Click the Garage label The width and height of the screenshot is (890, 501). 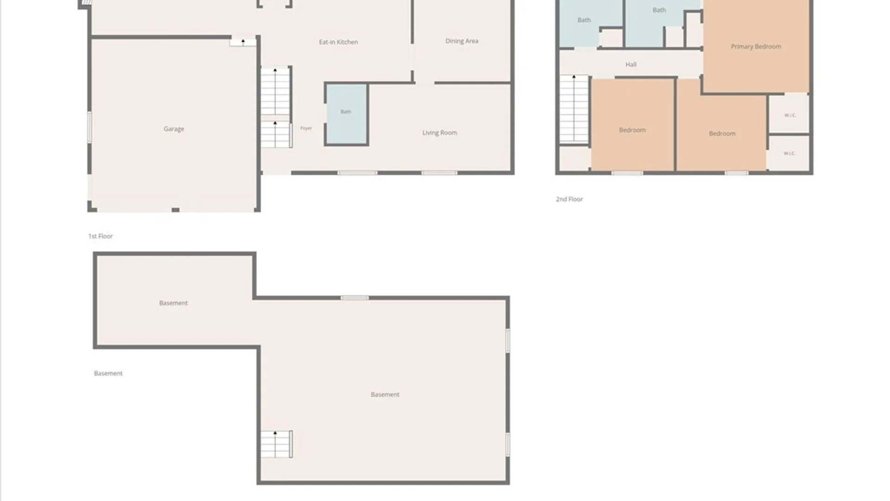click(174, 129)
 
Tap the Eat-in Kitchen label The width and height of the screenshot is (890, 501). click(338, 42)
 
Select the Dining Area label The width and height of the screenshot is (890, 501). click(462, 41)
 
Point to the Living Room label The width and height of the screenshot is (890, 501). click(439, 133)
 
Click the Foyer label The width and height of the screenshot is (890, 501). click(306, 128)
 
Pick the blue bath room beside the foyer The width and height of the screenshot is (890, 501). click(346, 114)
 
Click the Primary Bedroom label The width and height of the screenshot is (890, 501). click(756, 46)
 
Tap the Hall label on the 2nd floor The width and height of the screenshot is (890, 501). click(631, 64)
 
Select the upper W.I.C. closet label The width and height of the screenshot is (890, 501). click(790, 115)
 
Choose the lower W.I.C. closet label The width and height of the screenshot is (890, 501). click(789, 153)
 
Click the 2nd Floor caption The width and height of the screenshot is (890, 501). click(569, 199)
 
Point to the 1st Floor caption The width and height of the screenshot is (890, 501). click(101, 236)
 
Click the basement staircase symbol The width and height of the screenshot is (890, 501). click(276, 444)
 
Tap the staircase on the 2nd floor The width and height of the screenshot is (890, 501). click(574, 109)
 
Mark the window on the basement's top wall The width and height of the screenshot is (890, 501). click(355, 298)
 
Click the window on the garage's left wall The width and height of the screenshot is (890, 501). click(89, 127)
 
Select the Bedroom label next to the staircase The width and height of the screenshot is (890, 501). click(632, 130)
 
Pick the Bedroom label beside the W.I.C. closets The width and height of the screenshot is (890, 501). click(722, 134)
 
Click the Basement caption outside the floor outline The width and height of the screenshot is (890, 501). click(108, 373)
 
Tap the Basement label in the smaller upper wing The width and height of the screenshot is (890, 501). click(173, 303)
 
